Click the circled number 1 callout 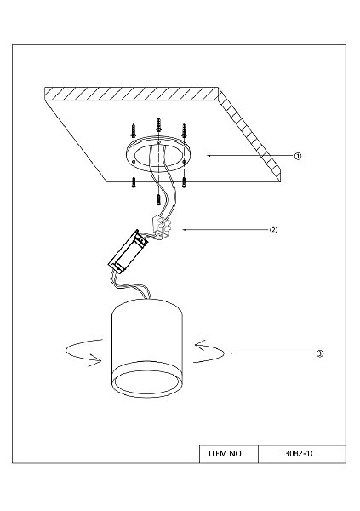[298, 156]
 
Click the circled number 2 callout [274, 230]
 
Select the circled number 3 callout [320, 353]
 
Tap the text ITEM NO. [226, 454]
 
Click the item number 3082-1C [300, 454]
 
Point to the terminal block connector [161, 227]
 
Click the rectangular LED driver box [129, 251]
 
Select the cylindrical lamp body [147, 347]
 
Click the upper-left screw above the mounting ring [134, 130]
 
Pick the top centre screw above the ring [158, 125]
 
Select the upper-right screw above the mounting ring [185, 130]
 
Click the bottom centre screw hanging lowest [158, 199]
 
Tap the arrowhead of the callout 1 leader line [209, 156]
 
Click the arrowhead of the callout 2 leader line [184, 230]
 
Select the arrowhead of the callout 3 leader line [231, 353]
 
